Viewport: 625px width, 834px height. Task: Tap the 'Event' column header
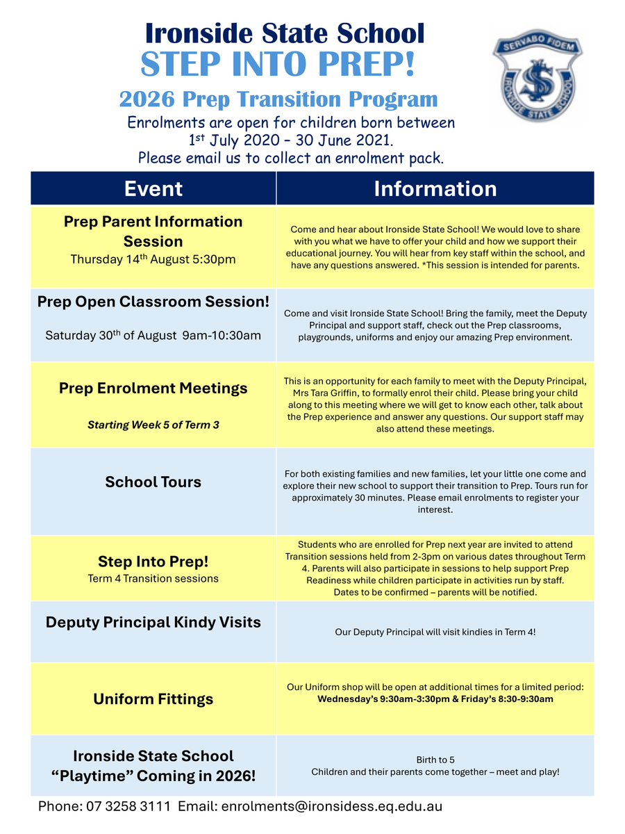153,188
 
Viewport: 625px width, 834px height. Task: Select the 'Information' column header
435,188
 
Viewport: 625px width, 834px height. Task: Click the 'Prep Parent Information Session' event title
153,231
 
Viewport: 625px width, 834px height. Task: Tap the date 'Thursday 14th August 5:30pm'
153,260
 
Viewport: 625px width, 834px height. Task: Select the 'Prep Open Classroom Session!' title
153,302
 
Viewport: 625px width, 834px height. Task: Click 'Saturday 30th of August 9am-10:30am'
153,336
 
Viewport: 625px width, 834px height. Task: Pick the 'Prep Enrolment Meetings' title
153,389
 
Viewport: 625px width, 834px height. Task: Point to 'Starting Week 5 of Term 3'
153,425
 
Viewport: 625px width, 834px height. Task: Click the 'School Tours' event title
153,482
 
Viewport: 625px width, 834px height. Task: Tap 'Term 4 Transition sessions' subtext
153,578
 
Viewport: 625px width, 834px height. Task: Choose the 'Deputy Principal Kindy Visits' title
153,622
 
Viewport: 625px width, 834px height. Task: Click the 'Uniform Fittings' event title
153,699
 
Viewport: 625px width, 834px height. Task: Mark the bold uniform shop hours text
435,699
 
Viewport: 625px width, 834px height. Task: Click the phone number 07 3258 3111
128,807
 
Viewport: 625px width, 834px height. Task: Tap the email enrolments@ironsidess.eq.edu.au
332,807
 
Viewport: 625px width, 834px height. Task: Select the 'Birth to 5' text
435,760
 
